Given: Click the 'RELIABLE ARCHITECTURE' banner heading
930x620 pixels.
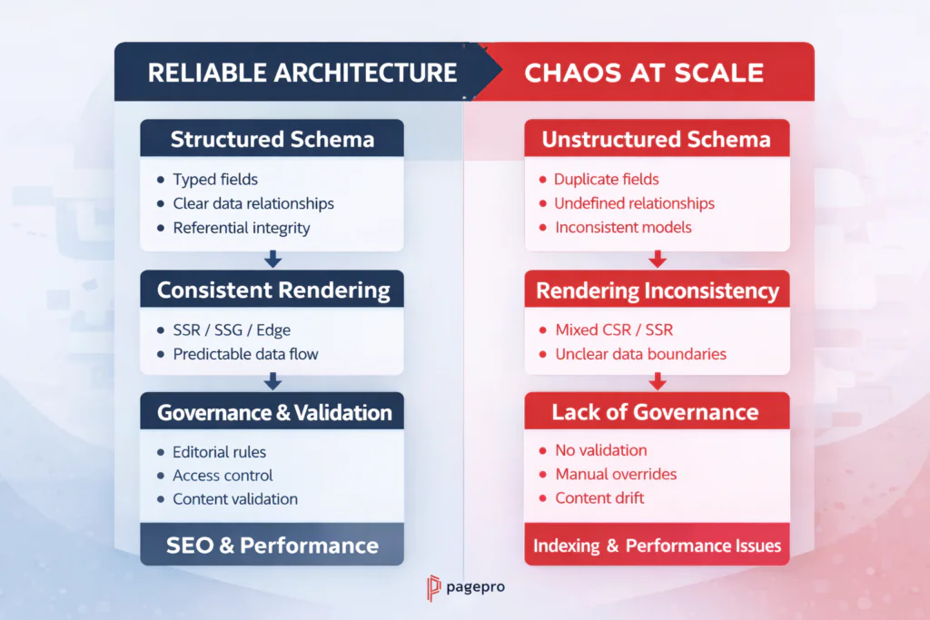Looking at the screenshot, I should coord(302,73).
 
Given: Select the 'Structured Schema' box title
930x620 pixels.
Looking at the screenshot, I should coord(272,139).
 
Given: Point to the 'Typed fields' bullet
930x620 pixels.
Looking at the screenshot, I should coord(215,180).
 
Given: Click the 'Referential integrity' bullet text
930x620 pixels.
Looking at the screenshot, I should coord(241,227).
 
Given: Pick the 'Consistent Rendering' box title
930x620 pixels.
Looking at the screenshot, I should coord(272,290).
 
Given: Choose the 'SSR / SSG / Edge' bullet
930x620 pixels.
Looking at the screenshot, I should coord(232,330).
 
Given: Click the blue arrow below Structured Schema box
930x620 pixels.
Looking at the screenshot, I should coord(272,260).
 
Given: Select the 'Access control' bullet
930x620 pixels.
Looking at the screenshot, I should coord(223,475).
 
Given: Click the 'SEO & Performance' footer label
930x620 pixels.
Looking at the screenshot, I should coord(272,545).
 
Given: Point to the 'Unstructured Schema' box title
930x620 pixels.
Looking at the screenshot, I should coord(656,139).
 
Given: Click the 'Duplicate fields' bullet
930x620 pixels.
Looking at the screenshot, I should coord(606,180).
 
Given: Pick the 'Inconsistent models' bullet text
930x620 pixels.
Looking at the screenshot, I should coord(623,227).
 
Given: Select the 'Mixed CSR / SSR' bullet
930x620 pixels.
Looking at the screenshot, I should coord(614,330).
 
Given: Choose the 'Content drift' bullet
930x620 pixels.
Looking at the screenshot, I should coord(600,498).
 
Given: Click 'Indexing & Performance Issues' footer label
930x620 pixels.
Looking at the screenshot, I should coord(657,546).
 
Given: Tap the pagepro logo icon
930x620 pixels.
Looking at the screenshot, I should coord(433,588).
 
